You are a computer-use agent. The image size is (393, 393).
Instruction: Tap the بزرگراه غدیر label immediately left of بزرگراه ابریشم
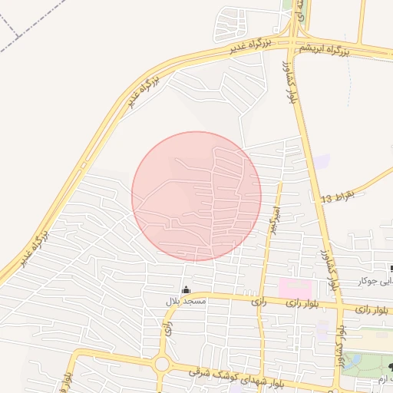252,47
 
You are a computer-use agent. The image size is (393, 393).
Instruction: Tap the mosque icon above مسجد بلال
186,289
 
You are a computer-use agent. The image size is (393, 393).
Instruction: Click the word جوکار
370,281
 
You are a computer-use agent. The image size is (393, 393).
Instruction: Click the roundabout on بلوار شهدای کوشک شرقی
162,364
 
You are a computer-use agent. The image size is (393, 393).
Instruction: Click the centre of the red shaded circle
196,196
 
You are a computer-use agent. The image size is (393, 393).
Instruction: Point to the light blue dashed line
349,84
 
